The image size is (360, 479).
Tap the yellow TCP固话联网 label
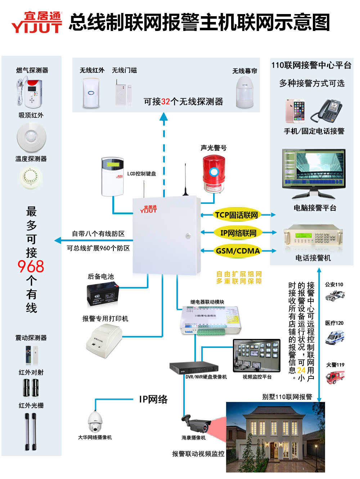tap(236, 215)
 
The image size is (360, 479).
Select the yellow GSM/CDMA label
tap(238, 251)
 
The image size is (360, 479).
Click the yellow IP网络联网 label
tap(238, 233)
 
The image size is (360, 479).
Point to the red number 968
tap(31, 267)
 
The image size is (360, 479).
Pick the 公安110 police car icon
tap(335, 296)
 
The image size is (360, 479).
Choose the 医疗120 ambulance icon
tap(335, 337)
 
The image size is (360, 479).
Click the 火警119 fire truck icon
tap(335, 377)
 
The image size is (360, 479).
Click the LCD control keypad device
tap(113, 176)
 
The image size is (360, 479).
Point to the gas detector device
tap(30, 93)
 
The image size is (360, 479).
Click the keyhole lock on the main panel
tap(188, 236)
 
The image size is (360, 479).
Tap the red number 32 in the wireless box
tap(166, 102)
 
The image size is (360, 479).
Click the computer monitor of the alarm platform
tap(314, 170)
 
